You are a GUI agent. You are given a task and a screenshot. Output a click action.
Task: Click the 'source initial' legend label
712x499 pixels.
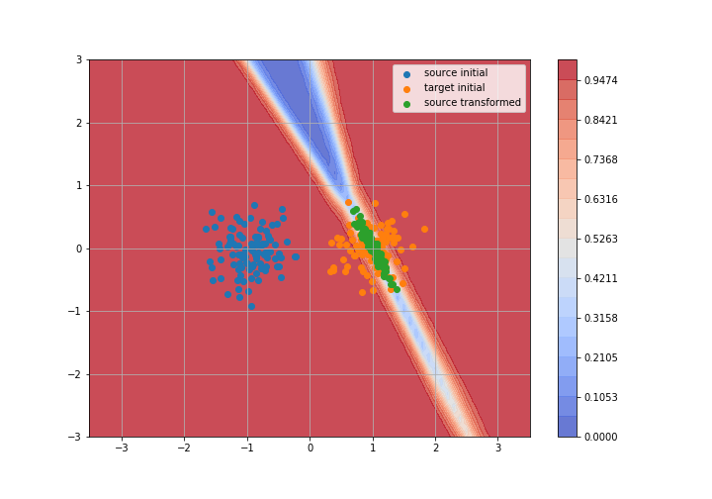coord(456,73)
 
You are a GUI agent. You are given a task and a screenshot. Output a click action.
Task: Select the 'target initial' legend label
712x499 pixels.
coord(455,88)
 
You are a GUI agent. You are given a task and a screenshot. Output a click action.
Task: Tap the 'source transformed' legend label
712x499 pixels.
coord(473,103)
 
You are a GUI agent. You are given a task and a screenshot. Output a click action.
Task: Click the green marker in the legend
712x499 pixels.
coord(406,103)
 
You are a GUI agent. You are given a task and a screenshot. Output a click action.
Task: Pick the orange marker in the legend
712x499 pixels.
coord(406,88)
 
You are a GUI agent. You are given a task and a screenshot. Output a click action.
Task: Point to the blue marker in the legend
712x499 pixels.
coord(406,73)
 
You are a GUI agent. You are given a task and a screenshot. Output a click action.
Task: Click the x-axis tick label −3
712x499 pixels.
coord(122,449)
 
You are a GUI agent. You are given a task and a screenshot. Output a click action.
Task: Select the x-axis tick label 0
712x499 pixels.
coord(310,449)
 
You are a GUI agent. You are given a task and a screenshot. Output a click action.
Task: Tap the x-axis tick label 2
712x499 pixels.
coord(435,449)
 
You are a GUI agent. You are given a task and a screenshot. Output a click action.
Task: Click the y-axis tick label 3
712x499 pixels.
coord(79,59)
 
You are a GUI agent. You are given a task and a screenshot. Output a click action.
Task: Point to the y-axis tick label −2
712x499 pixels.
coord(75,374)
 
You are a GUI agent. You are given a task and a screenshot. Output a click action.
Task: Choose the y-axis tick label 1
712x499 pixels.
coord(79,185)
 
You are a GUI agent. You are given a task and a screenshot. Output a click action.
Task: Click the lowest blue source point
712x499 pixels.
coord(251,306)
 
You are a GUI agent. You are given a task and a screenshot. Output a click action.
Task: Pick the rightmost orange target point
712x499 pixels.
coord(424,229)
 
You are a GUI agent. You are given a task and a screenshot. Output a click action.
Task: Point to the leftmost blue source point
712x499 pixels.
coord(206,229)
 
